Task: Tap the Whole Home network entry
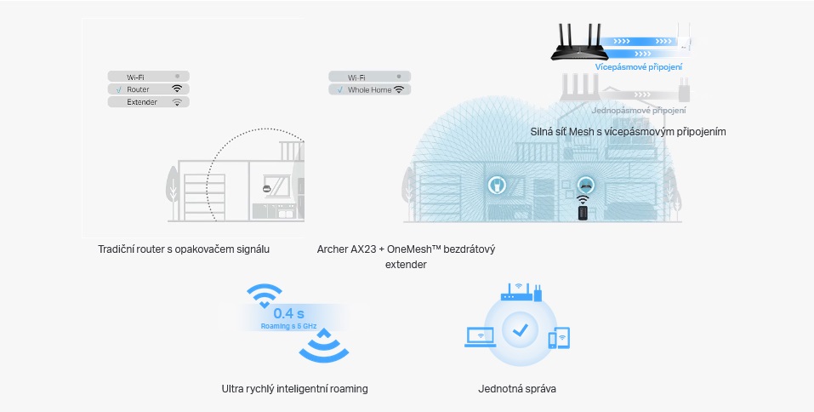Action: click(x=369, y=89)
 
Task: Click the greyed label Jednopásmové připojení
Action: click(x=638, y=111)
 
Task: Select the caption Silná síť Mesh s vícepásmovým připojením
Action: click(x=628, y=132)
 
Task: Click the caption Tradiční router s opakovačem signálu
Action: click(x=185, y=249)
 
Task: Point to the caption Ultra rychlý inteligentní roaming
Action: click(x=294, y=389)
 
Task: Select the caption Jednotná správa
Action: click(x=517, y=389)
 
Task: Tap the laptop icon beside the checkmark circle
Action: click(x=481, y=335)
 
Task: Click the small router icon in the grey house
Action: click(x=266, y=188)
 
